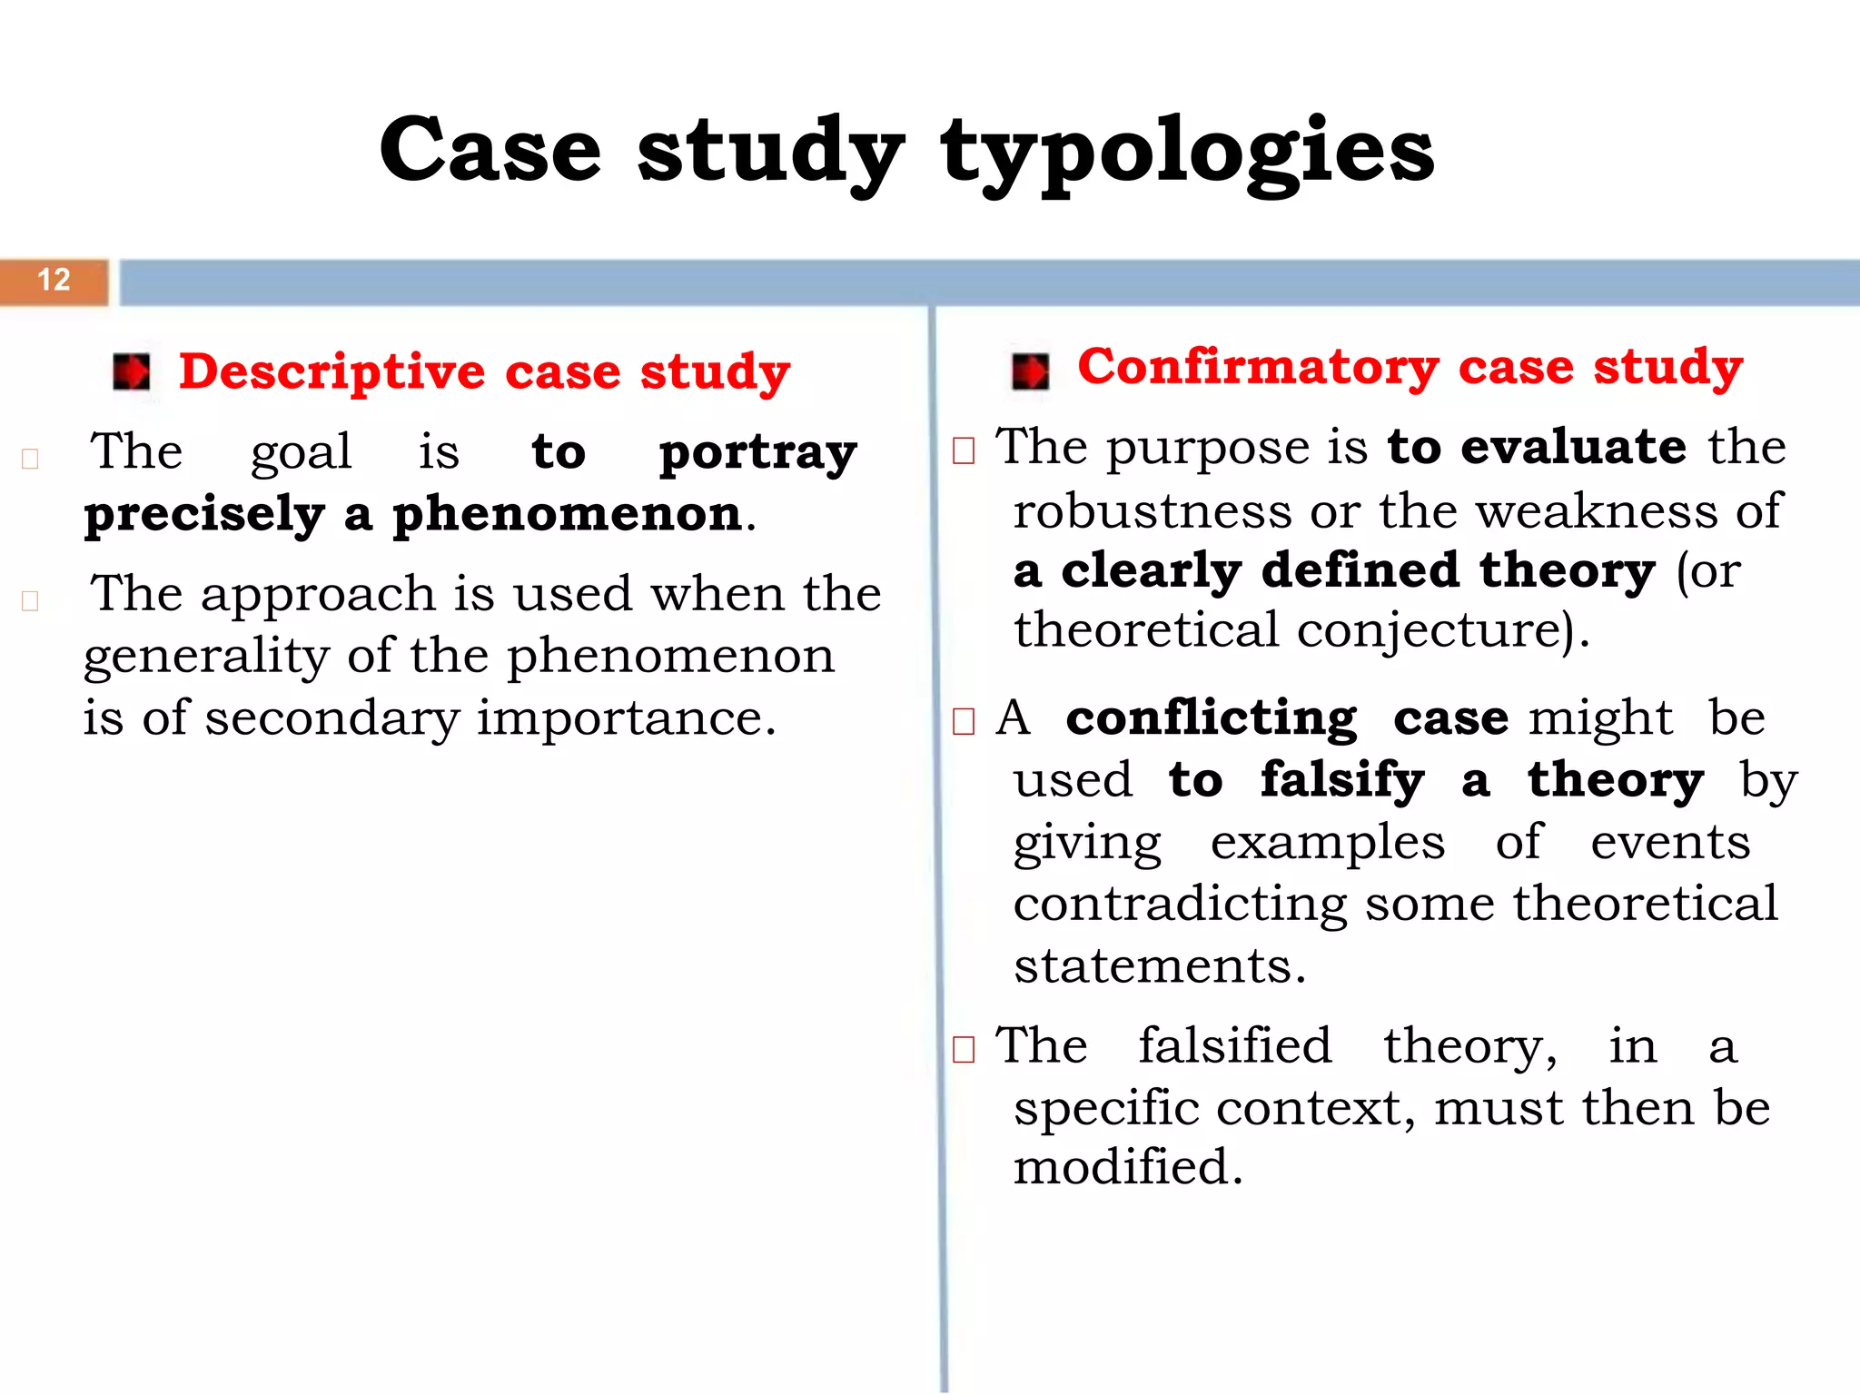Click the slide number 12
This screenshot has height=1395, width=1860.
coord(54,280)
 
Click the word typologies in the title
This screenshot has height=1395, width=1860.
coord(1187,153)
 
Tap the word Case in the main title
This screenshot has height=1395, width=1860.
coord(490,150)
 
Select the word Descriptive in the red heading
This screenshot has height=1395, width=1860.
coord(331,372)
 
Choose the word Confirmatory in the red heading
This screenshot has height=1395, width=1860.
coord(1258,368)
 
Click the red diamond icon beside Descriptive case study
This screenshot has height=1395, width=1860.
coord(132,372)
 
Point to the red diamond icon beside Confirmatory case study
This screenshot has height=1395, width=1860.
coord(1030,371)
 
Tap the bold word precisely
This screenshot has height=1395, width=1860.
coord(204,516)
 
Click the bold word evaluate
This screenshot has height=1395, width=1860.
coord(1573,447)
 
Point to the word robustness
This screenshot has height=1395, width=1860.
coord(1153,511)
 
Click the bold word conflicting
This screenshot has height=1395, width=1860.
coord(1212,719)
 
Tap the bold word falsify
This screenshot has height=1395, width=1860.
coord(1342,781)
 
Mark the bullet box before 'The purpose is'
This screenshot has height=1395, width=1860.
coord(964,450)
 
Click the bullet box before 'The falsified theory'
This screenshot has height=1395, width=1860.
coord(964,1050)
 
